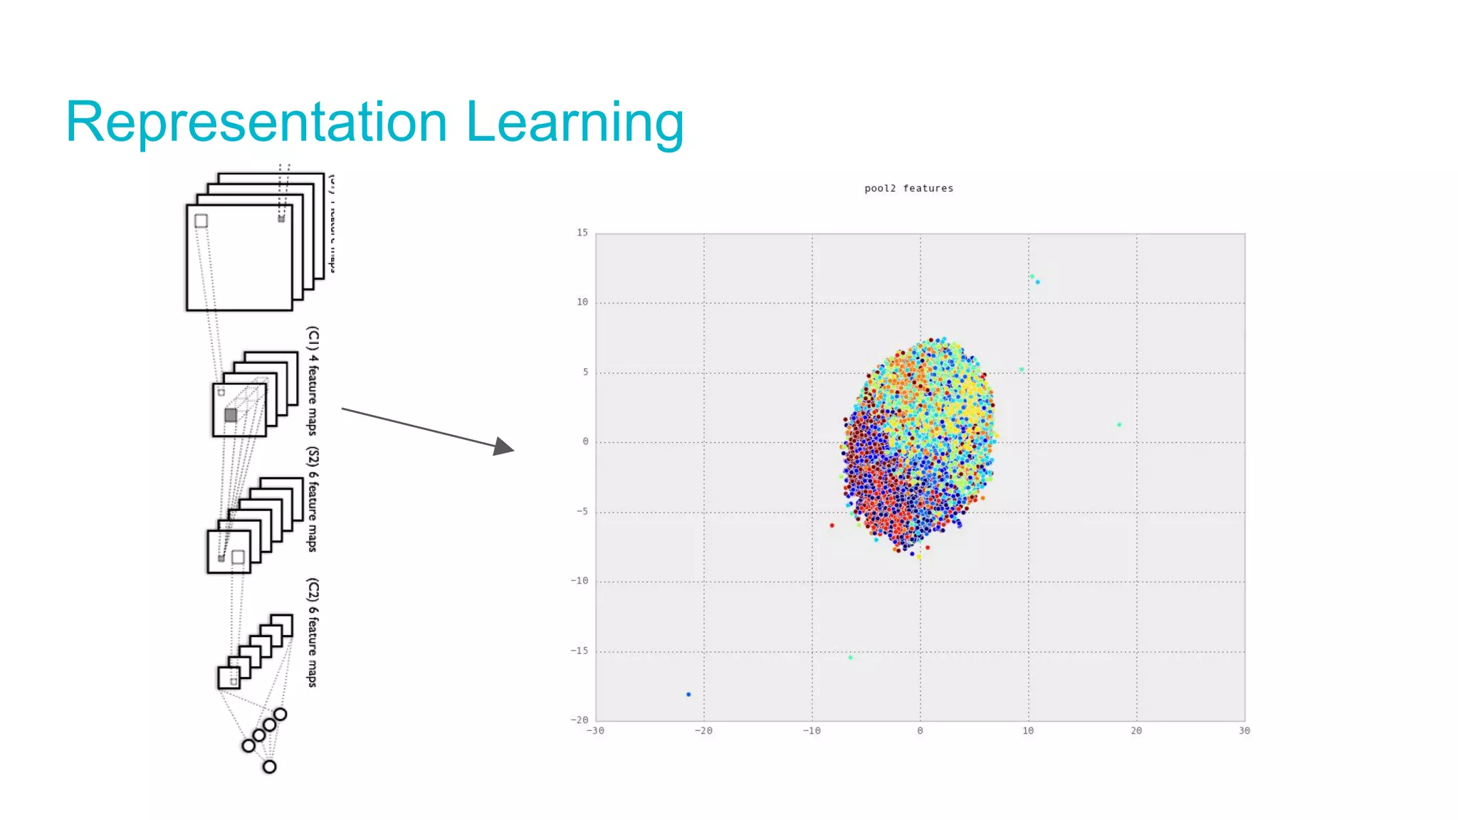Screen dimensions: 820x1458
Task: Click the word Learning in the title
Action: (x=575, y=122)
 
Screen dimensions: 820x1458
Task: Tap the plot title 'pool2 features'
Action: (x=908, y=189)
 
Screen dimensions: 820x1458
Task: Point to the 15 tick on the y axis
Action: (x=582, y=233)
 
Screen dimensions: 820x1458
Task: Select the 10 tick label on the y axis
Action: (x=582, y=303)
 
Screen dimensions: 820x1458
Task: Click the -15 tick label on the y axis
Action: (x=579, y=651)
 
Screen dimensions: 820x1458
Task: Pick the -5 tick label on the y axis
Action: (x=582, y=512)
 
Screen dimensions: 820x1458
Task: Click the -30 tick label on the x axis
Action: (x=595, y=731)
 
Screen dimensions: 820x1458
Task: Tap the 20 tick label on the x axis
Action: (x=1136, y=731)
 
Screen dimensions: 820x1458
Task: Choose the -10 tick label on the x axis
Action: (x=812, y=731)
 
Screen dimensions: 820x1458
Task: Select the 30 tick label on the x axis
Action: (x=1244, y=731)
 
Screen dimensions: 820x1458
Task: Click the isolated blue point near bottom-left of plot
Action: (x=688, y=694)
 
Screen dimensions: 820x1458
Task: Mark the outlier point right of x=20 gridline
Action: (x=1119, y=425)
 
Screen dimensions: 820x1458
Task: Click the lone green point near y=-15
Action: (x=851, y=658)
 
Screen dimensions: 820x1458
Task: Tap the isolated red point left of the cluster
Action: (x=832, y=525)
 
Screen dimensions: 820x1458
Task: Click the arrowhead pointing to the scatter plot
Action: (x=504, y=446)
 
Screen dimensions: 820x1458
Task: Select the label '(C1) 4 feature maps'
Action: (x=313, y=381)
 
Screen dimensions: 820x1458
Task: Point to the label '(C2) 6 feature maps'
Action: (x=313, y=633)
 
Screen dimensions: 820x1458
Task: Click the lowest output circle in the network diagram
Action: (x=269, y=767)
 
